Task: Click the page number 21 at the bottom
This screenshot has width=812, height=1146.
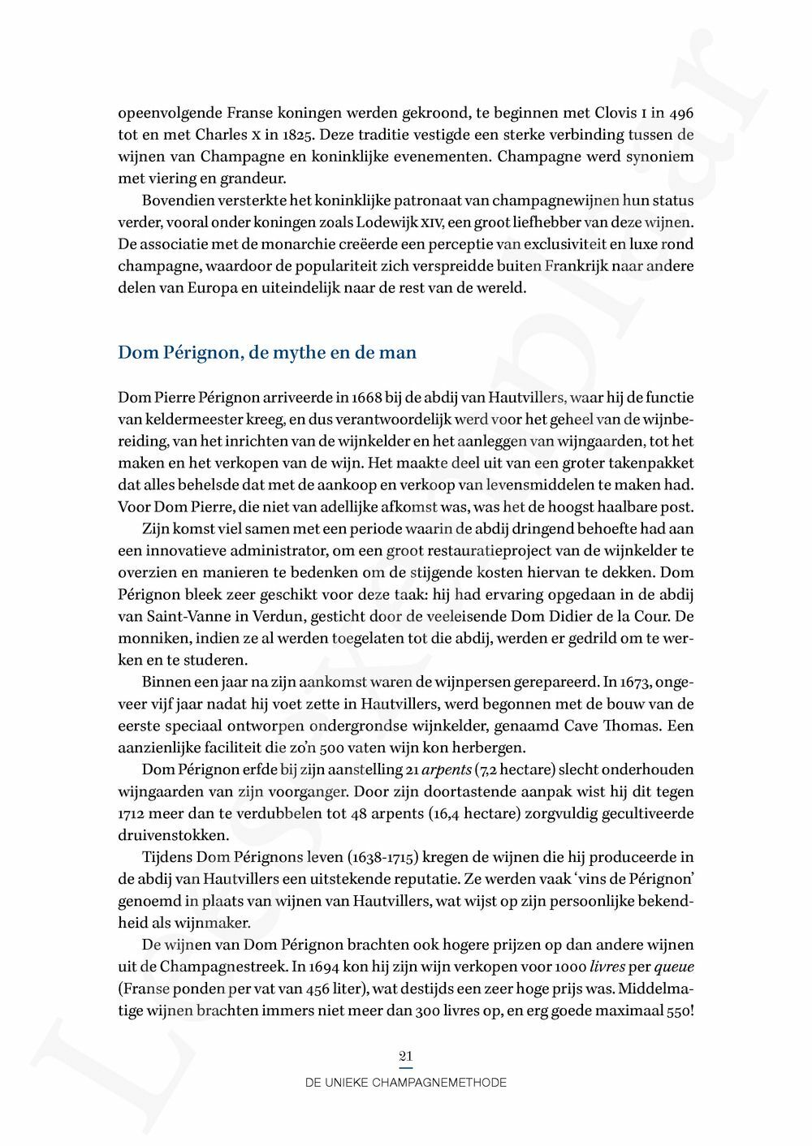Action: click(406, 1056)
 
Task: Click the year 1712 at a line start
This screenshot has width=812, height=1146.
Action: click(133, 813)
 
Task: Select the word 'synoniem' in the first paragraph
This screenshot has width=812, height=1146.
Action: click(660, 157)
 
